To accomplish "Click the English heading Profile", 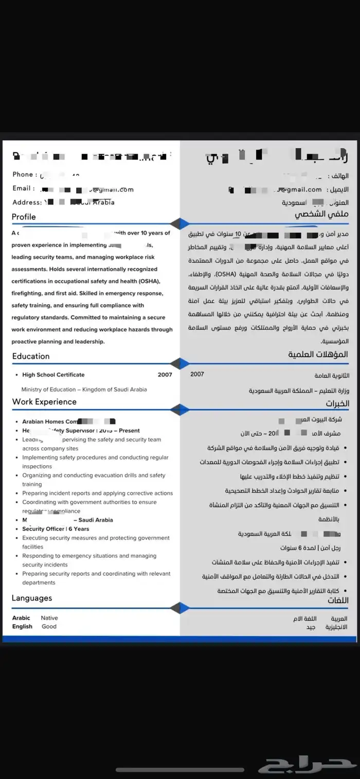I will point(24,217).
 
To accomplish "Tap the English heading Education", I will point(31,356).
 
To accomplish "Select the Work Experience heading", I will point(44,402).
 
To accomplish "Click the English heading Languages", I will point(32,598).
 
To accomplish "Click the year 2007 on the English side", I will point(165,375).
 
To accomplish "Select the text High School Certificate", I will point(53,375).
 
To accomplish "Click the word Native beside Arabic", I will point(49,618).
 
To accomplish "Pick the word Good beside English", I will point(49,627).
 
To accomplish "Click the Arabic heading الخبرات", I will point(337,403).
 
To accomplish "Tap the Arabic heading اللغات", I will point(338,600).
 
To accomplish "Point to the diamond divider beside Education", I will point(179,364).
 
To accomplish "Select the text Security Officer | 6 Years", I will point(56,529).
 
